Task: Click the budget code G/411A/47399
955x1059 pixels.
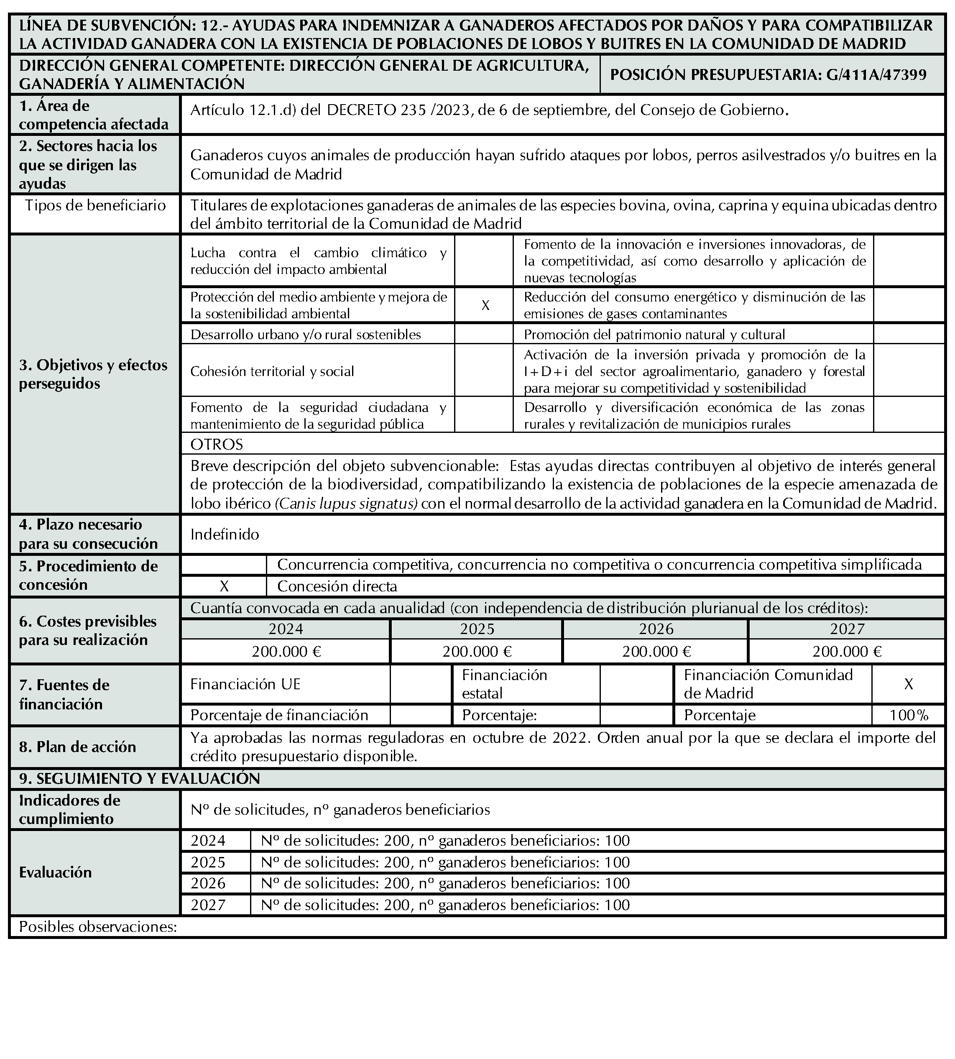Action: tap(876, 74)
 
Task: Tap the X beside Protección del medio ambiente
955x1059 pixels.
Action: tap(485, 305)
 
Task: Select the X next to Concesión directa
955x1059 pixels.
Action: tap(224, 586)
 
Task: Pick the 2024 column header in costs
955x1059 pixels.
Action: tap(286, 629)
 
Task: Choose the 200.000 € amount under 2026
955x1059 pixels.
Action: tap(656, 651)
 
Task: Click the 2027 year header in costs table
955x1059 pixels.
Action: tap(847, 629)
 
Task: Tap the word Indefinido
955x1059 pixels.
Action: tap(225, 534)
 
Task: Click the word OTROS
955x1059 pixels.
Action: tap(217, 445)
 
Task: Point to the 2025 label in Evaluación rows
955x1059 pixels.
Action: tap(208, 862)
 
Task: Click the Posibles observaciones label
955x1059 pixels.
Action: tap(98, 927)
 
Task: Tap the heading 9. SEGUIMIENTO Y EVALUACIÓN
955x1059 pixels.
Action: tap(140, 778)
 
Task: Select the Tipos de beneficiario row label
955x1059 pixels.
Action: tap(95, 205)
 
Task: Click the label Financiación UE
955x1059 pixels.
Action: tap(245, 684)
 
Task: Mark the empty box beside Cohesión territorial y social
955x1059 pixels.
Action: tap(484, 371)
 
